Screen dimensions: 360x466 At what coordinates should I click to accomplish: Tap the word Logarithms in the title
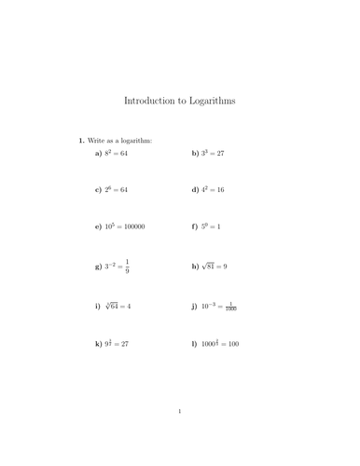coord(221,99)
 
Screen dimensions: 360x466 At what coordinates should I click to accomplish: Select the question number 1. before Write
coord(81,141)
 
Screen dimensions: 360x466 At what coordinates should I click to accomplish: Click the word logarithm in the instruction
coord(132,141)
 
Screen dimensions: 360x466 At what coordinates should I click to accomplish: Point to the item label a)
coord(98,152)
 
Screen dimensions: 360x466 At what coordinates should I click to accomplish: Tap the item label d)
coord(195,190)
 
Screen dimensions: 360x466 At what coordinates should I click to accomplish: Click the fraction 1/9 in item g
coord(127,267)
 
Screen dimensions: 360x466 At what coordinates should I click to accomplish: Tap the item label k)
coord(98,344)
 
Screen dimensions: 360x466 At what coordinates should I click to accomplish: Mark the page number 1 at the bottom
coord(180,436)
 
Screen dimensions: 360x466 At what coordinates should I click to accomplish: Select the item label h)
coord(195,267)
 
